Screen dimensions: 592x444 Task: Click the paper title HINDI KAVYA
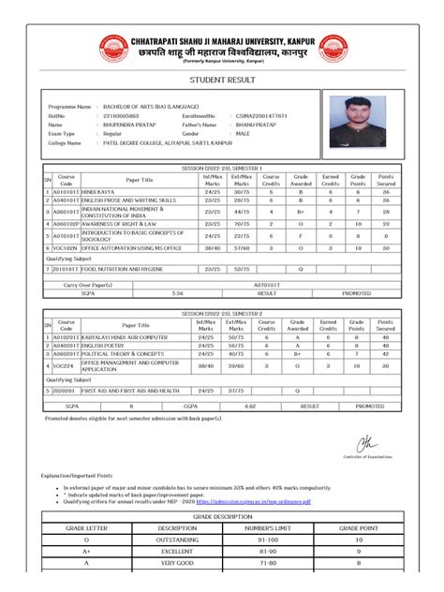101,192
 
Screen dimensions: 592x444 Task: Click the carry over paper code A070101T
267,283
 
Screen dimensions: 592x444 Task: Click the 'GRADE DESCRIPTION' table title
222,516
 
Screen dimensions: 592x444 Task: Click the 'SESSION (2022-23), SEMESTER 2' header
222,312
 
